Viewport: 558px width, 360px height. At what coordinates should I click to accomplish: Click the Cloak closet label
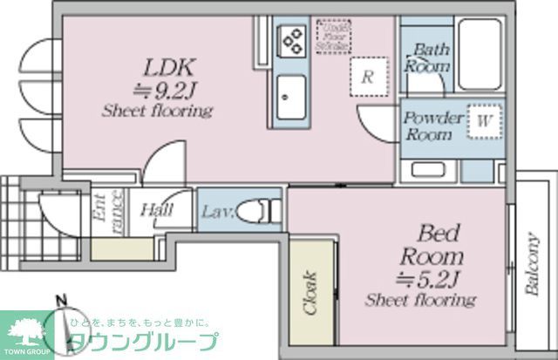coord(311,293)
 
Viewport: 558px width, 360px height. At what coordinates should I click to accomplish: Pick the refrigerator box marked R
coord(368,76)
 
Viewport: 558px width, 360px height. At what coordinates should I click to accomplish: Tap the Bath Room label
coord(429,58)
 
